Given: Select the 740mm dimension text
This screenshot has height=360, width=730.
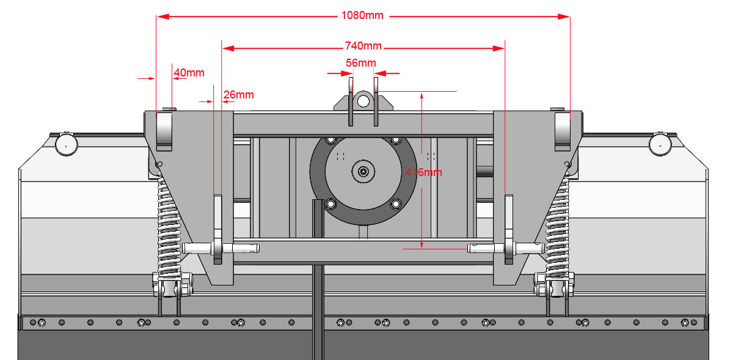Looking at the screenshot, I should [363, 46].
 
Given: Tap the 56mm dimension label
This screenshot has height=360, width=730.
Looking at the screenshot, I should [361, 62].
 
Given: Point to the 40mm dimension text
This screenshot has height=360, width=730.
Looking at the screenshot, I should [189, 73].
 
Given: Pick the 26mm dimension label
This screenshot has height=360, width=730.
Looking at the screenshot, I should [238, 95].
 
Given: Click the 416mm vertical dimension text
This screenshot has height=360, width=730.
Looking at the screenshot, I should [423, 172].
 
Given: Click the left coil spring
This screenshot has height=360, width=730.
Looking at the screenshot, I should [169, 226].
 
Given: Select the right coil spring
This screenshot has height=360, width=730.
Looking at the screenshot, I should [558, 226].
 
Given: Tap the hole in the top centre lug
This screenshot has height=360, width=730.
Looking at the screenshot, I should [363, 100].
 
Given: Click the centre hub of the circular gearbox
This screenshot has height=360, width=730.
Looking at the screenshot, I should [363, 172].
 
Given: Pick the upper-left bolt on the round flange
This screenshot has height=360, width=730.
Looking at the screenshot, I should [332, 141].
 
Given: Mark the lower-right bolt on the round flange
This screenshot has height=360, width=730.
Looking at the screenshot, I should [395, 204].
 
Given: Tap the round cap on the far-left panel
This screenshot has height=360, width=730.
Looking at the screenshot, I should [65, 145].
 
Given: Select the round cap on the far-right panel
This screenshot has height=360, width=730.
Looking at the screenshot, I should [660, 145].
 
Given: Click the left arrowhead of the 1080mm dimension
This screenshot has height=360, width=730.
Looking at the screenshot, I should [161, 17].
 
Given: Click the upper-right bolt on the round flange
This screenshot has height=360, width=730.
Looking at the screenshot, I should [395, 141].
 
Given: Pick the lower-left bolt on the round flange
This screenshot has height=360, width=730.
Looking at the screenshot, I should [332, 204].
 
